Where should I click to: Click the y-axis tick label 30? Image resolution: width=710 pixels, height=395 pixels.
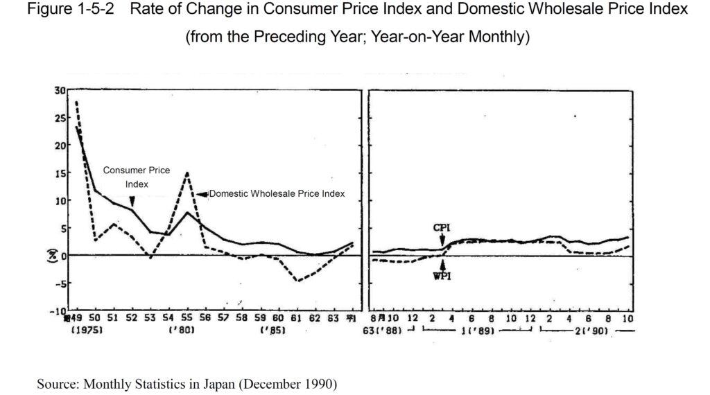pos(60,90)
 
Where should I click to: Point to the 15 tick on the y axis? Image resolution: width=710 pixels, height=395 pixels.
pos(60,173)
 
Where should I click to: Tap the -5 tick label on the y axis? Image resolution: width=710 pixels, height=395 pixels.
pos(59,283)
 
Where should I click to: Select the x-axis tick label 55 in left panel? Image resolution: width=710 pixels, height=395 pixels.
pos(187,318)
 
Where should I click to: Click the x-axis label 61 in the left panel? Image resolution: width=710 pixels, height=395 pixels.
pos(296,318)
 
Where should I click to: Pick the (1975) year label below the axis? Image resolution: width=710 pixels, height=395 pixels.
pos(87,331)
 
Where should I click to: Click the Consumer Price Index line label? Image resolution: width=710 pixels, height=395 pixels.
pos(137,177)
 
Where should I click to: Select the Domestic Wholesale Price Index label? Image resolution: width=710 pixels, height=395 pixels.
pos(277,194)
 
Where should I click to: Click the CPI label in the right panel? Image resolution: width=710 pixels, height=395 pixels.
pos(442,227)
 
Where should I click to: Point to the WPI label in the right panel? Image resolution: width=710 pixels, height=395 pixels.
pos(442,276)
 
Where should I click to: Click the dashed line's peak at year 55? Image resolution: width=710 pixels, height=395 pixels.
pos(187,173)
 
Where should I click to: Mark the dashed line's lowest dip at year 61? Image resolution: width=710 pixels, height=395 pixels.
pos(297,281)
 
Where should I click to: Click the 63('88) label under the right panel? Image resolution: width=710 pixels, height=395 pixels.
pos(388,331)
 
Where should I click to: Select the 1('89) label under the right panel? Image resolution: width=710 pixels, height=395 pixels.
pos(477,331)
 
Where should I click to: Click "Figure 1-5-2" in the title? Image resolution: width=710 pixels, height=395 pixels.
pos(64,10)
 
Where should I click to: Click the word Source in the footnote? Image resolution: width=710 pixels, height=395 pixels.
pos(56,383)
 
